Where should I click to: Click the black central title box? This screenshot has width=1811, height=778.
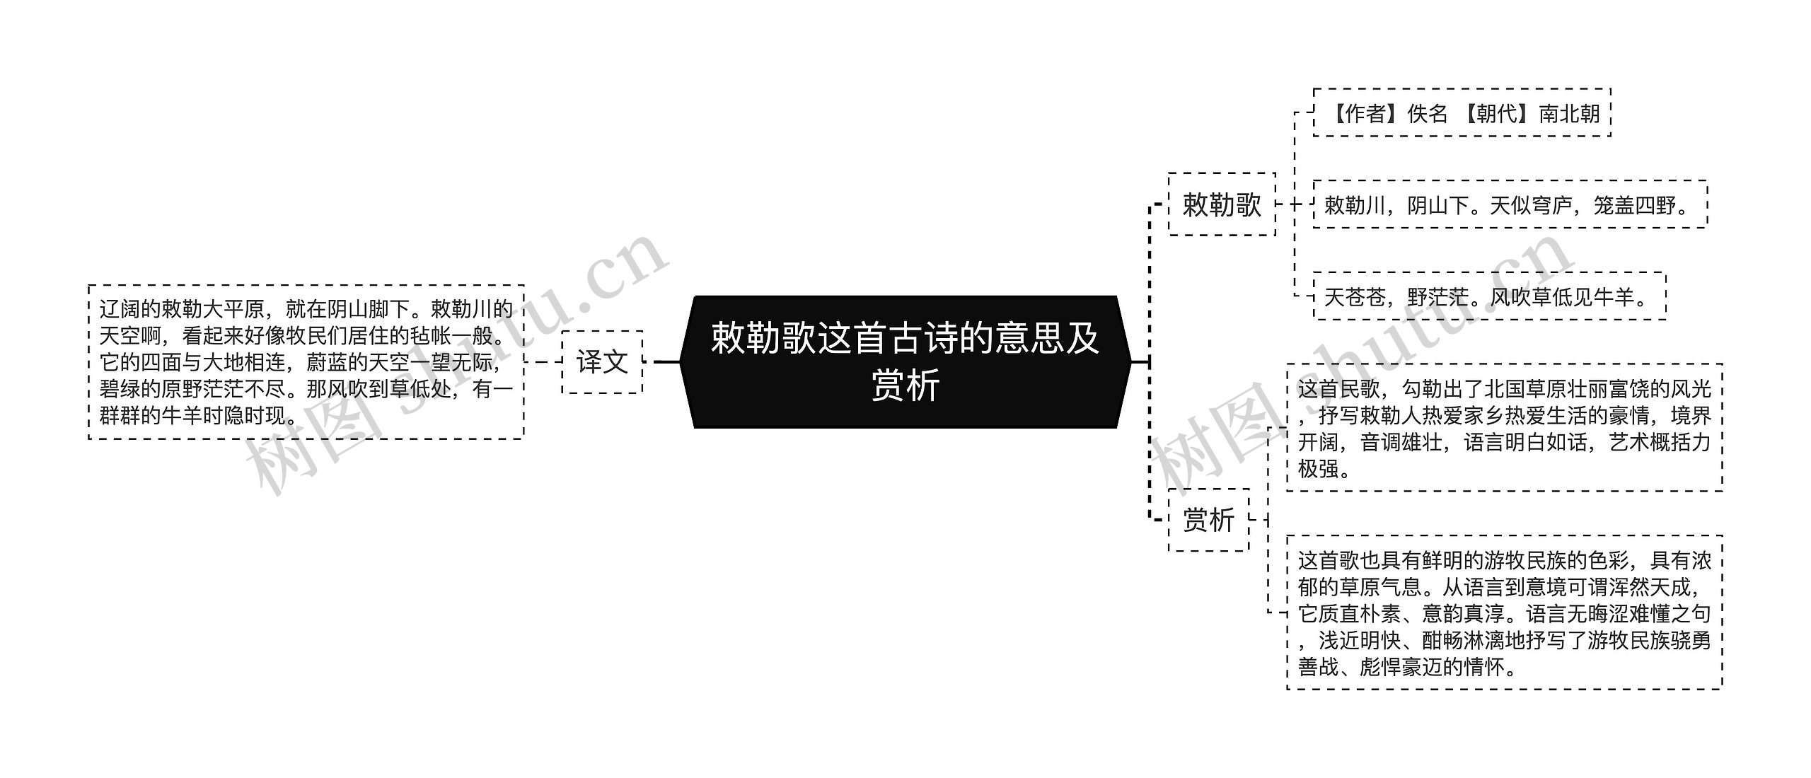click(905, 361)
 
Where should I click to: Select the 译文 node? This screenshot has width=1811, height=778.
click(602, 361)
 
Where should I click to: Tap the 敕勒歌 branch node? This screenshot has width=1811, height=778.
click(1222, 204)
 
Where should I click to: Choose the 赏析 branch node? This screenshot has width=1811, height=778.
click(1208, 520)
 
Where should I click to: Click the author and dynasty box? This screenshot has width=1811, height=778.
click(1462, 113)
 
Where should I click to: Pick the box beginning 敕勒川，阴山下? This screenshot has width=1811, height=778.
click(1510, 205)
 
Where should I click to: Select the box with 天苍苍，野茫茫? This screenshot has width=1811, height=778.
click(1489, 296)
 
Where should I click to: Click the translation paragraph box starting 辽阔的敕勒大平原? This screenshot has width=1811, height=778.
click(306, 361)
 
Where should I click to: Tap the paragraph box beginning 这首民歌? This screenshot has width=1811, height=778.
click(1504, 428)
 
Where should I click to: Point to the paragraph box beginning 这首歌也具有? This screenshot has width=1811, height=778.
click(1504, 612)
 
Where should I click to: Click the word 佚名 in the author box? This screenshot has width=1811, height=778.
click(1428, 113)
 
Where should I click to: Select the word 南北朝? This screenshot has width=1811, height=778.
click(1569, 113)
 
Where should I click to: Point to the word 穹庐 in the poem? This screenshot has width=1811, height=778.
click(1551, 205)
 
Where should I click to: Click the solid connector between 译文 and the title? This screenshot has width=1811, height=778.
click(666, 361)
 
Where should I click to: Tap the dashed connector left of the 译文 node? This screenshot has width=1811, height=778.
click(543, 361)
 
